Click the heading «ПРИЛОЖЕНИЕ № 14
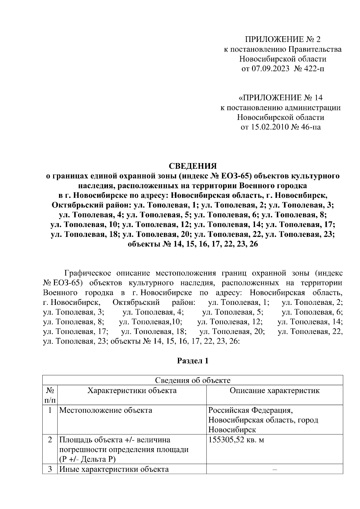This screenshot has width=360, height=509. tap(280, 98)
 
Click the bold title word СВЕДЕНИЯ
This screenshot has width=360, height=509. tap(193, 166)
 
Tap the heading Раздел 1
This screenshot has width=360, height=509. tap(193, 361)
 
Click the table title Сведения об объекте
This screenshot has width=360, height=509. tap(193, 380)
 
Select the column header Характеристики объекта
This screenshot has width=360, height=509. tap(132, 391)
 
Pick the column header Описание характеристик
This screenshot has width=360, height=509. tap(274, 391)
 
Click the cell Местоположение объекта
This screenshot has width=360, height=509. tap(106, 410)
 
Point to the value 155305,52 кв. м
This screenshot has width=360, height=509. tap(236, 440)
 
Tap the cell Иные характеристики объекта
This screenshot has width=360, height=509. tap(114, 469)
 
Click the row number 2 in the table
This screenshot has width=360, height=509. tap(50, 440)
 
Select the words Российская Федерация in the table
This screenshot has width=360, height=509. tap(250, 410)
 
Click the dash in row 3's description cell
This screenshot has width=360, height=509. tap(274, 469)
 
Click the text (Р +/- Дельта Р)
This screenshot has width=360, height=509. tap(87, 459)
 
